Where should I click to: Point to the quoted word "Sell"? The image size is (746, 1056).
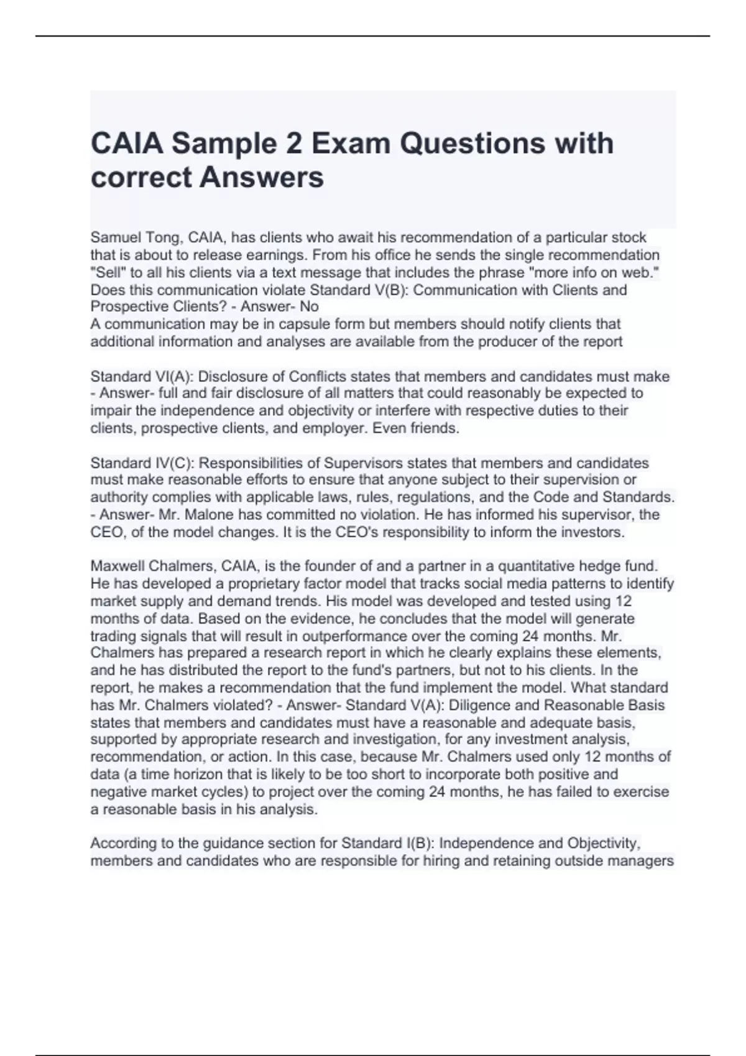107,272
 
